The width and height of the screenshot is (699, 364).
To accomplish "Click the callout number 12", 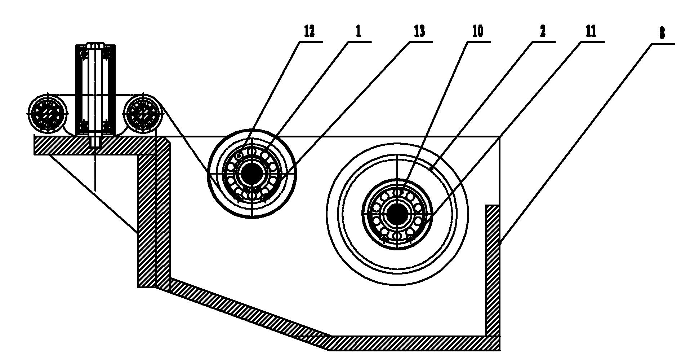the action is (x=309, y=32).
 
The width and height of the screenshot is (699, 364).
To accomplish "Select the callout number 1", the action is (x=358, y=32).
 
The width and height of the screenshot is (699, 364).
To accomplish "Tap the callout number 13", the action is (x=419, y=32).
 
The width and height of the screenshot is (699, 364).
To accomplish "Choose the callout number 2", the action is (x=543, y=32).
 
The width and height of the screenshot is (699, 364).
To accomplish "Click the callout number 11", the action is (x=591, y=32).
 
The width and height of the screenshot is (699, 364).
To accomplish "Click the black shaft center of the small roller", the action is (x=252, y=174).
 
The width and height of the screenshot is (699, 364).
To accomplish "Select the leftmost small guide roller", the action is (x=47, y=113).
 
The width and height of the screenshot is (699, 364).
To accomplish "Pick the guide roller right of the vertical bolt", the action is (x=143, y=113).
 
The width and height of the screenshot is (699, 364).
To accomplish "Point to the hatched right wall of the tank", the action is (x=493, y=271).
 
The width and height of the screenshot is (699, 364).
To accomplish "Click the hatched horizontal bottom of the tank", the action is (x=414, y=343).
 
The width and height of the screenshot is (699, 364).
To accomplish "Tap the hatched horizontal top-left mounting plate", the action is (x=95, y=145).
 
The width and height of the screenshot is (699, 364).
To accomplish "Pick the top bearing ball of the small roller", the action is (x=252, y=152).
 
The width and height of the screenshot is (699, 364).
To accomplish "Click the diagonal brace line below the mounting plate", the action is (x=94, y=193).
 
